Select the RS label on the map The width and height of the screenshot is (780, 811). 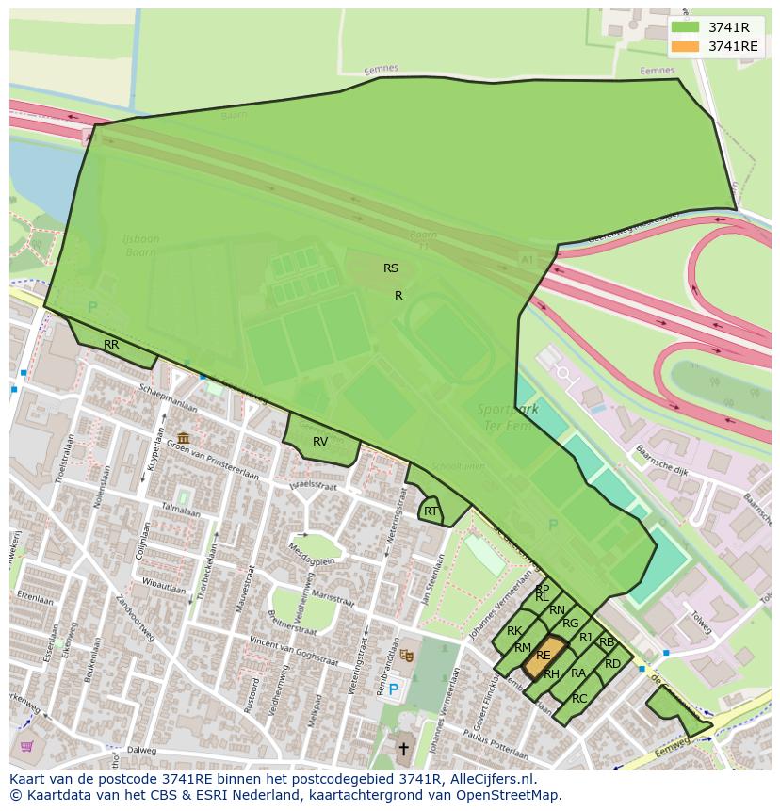coord(391,268)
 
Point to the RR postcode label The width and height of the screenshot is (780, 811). coord(111,345)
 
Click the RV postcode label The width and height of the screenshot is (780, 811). coord(320,442)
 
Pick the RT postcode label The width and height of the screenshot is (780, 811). coord(431,511)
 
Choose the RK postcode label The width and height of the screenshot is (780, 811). coord(514,631)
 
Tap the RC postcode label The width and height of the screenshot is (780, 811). coord(579,698)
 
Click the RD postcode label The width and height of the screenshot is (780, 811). coord(612,664)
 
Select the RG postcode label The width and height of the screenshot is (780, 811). coord(570,624)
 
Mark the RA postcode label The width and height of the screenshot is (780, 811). coord(578,673)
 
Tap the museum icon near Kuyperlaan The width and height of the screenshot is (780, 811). coord(183,438)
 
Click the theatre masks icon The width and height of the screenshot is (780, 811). coord(406,654)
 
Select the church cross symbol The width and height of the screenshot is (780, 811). coord(403,749)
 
